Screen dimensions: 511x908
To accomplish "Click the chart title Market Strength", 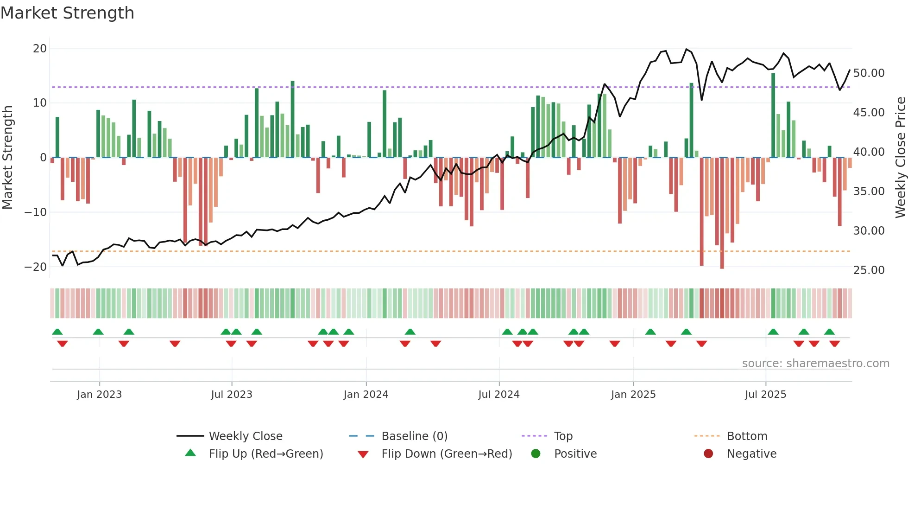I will click(x=68, y=13).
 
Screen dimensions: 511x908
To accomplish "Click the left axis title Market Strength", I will click(x=7, y=158).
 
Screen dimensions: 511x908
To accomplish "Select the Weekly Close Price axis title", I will click(x=900, y=158).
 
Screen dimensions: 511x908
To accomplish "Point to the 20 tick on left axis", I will click(x=40, y=49).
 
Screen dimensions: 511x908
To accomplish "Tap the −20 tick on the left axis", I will click(x=36, y=267).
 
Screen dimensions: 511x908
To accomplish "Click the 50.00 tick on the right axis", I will click(x=869, y=73).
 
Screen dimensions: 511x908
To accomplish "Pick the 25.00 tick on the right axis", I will click(x=869, y=270).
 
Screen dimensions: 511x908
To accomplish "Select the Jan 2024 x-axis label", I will click(x=366, y=395).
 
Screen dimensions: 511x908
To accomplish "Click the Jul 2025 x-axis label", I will click(x=765, y=395).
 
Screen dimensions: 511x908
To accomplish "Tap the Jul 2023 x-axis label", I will click(x=232, y=395).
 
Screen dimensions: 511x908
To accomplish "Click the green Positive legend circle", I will click(x=536, y=454).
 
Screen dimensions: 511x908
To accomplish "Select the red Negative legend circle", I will click(x=708, y=454).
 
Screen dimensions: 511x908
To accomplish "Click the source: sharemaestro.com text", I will click(x=815, y=364).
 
